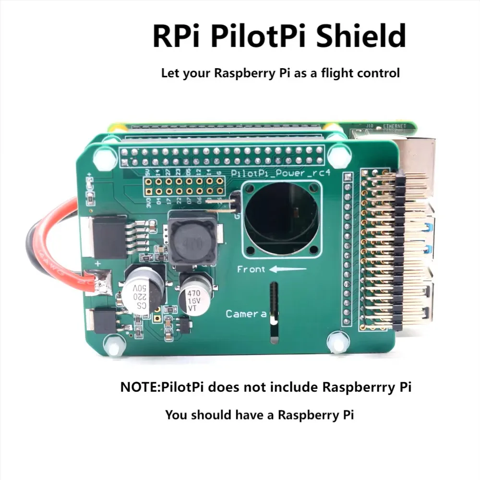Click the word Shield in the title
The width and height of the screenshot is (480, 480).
coord(365,36)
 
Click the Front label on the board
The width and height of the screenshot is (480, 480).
coord(251,269)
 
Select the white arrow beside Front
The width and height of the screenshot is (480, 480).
coord(288,269)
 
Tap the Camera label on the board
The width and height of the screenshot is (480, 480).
coord(246,314)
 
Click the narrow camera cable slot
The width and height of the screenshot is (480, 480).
coord(274,307)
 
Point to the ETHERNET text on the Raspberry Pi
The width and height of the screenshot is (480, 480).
coord(395,126)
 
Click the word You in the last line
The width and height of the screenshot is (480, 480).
coord(176,415)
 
